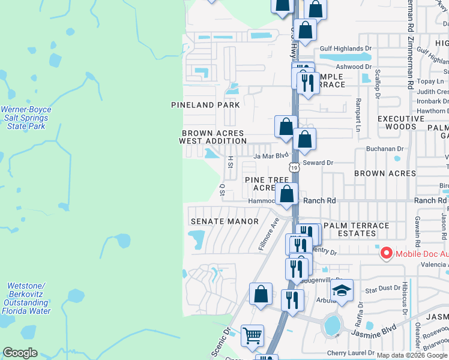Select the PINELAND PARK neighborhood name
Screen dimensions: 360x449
[205, 105]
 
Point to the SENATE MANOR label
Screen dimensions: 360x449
[216, 221]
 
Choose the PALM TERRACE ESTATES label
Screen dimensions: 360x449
[356, 230]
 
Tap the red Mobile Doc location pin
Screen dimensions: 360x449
[385, 253]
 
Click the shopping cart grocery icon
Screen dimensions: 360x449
[252, 335]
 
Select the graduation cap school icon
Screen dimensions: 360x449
[342, 291]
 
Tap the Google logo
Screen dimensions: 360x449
[20, 353]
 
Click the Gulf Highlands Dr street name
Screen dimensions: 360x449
[342, 49]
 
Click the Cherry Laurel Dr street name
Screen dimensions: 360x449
[351, 353]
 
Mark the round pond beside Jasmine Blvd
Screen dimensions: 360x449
[332, 326]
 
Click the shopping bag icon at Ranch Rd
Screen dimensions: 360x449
[288, 194]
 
